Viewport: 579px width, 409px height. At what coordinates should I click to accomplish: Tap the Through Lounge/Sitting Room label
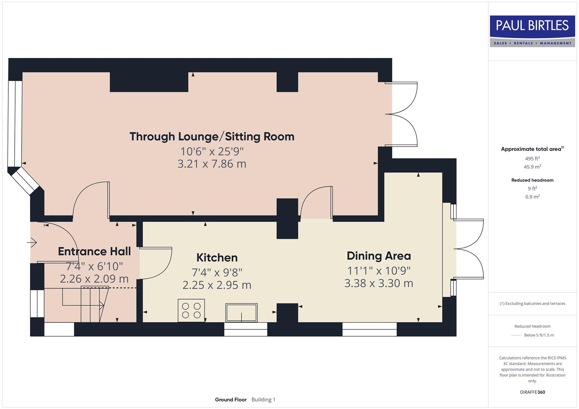tap(212, 137)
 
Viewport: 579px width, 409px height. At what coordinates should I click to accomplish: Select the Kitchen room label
tap(217, 258)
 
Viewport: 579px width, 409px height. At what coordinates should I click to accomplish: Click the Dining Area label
tap(378, 256)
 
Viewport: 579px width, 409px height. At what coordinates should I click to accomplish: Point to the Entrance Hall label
tap(94, 251)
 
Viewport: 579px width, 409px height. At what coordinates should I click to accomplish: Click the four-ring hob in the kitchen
tap(191, 310)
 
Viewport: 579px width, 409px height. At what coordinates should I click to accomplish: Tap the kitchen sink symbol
tap(241, 312)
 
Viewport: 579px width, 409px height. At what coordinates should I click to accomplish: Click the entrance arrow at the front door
tap(32, 242)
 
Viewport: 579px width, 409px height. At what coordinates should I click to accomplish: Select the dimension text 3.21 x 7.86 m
tap(212, 164)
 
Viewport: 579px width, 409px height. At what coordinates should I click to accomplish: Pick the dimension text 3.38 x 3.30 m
tap(378, 283)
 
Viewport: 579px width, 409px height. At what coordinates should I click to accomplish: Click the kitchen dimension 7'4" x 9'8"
tap(217, 272)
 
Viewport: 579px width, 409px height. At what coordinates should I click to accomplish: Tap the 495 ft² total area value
tap(532, 159)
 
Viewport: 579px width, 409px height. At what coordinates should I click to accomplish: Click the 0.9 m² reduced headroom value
tap(532, 197)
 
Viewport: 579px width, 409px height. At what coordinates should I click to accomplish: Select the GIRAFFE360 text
tap(532, 392)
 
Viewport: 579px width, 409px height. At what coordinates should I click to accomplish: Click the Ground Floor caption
tap(231, 400)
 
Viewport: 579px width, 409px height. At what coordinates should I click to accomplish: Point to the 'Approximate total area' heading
tap(531, 149)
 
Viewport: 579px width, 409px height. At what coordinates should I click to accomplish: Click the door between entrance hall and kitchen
tap(155, 263)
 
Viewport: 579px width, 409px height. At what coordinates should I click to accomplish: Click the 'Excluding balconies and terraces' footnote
tap(532, 303)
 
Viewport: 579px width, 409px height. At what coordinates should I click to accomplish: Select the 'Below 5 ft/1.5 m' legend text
tap(538, 335)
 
